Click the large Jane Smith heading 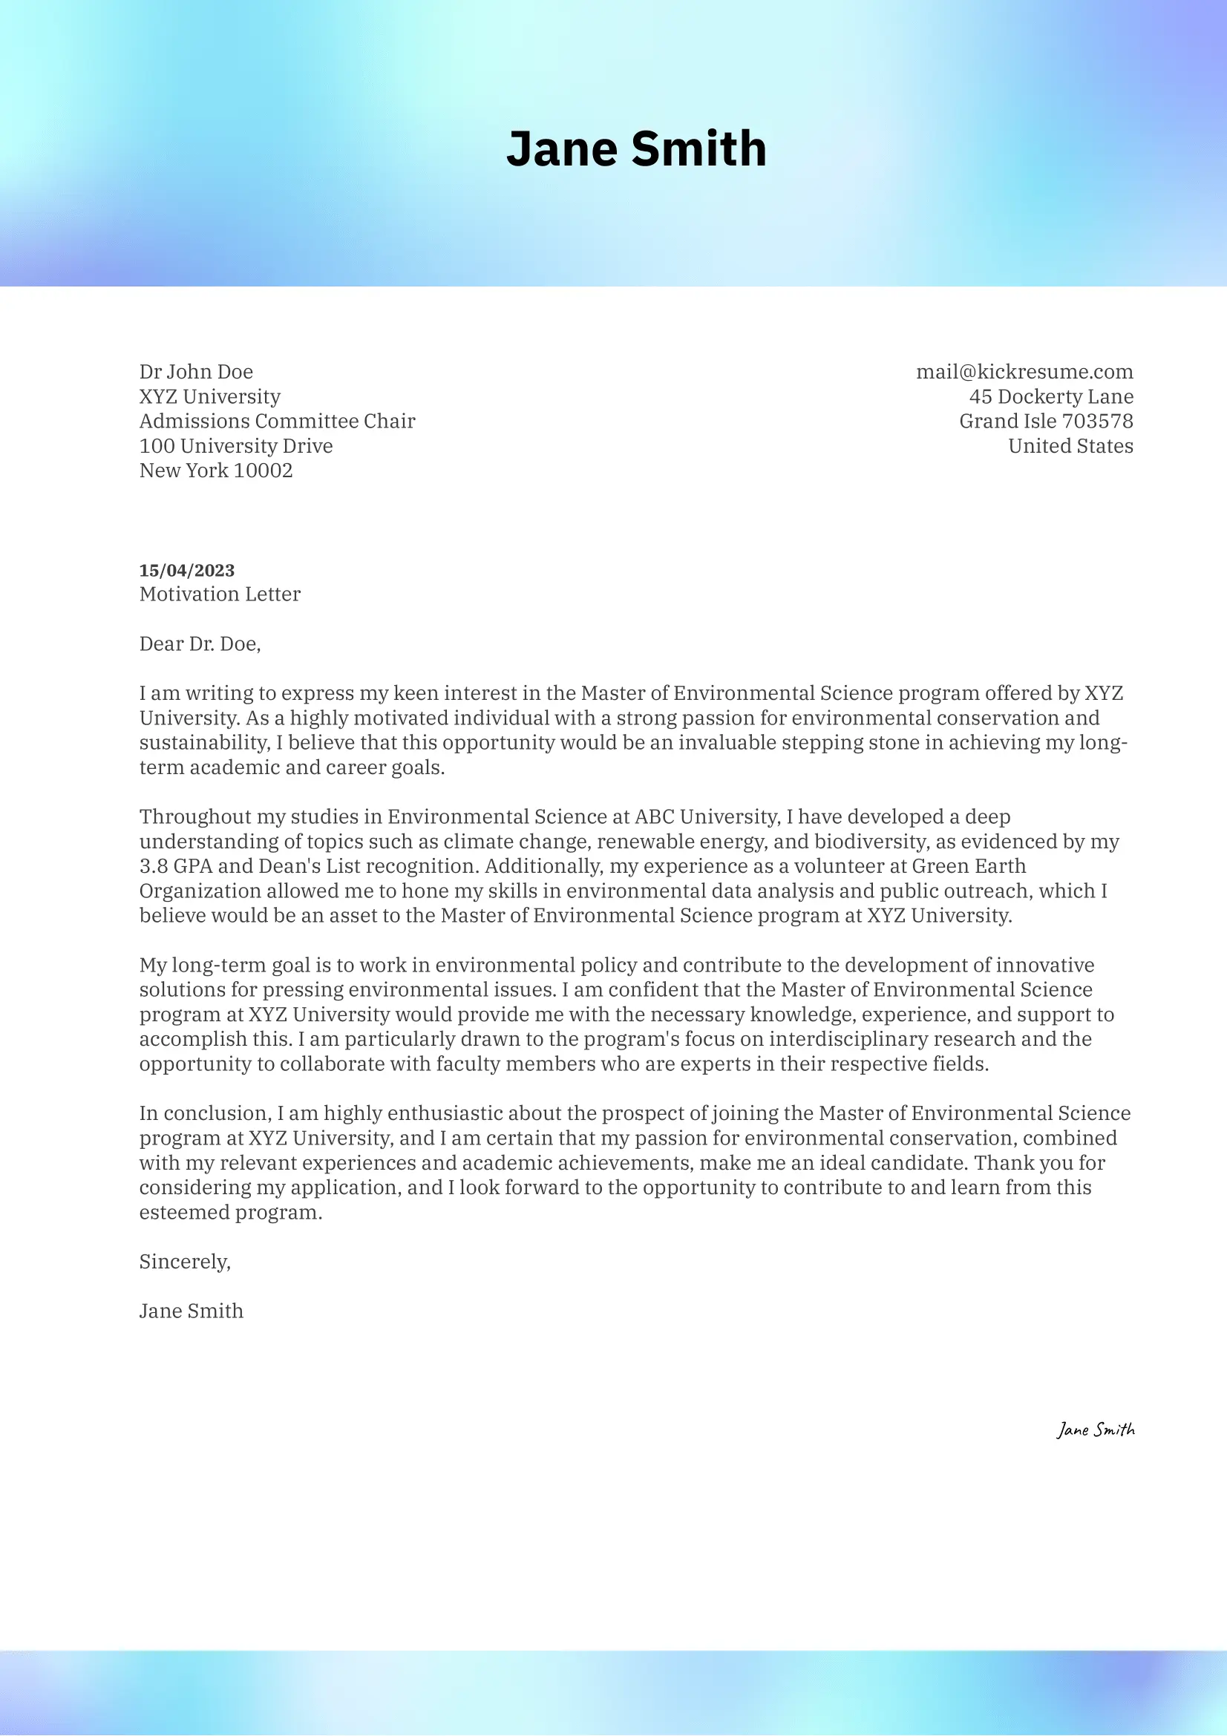636,148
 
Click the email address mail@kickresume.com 1024,372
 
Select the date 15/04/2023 187,570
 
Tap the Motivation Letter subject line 220,595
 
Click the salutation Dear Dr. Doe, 200,644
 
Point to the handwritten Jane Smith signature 1096,1429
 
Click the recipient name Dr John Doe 196,372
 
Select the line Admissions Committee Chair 277,421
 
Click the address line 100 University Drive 236,446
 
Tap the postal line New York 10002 215,471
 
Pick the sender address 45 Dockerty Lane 1051,397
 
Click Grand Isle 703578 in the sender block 1046,421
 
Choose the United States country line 1070,446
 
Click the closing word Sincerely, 185,1261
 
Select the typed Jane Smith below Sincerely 192,1311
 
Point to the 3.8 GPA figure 176,866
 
